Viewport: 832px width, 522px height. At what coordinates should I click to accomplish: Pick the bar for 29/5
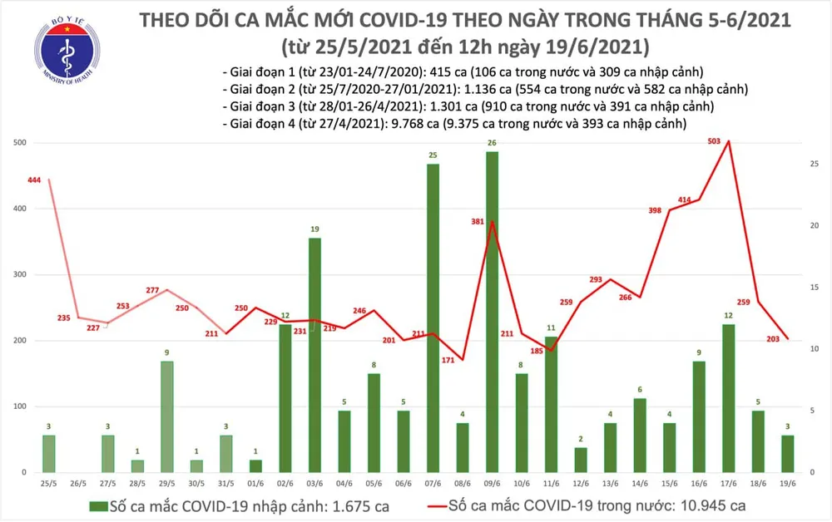pos(167,416)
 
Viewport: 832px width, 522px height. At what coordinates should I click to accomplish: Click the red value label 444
pos(33,181)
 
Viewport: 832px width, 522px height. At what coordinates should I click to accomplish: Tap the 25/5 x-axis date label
pos(48,483)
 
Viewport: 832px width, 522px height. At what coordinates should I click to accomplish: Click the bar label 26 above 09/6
pos(492,143)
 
